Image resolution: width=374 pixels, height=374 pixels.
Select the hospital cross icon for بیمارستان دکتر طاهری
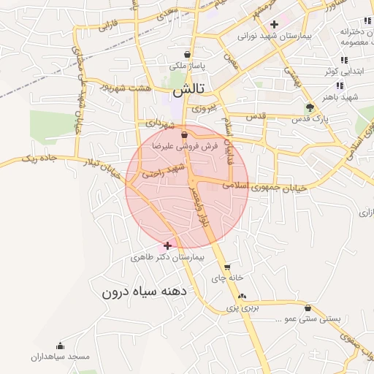click(169, 245)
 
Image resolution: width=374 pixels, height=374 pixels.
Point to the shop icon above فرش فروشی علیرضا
click(184, 134)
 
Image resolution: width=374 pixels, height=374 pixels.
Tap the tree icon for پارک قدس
click(310, 107)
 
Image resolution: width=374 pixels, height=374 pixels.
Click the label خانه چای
click(225, 278)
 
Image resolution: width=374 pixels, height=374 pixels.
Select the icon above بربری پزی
click(243, 296)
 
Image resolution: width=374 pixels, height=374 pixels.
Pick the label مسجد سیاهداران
click(60, 356)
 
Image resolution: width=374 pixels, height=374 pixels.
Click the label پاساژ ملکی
click(188, 66)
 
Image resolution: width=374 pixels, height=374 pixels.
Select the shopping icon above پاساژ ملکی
click(188, 54)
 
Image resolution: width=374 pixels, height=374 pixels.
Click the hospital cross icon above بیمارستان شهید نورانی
click(274, 24)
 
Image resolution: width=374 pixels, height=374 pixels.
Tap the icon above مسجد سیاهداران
click(60, 346)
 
